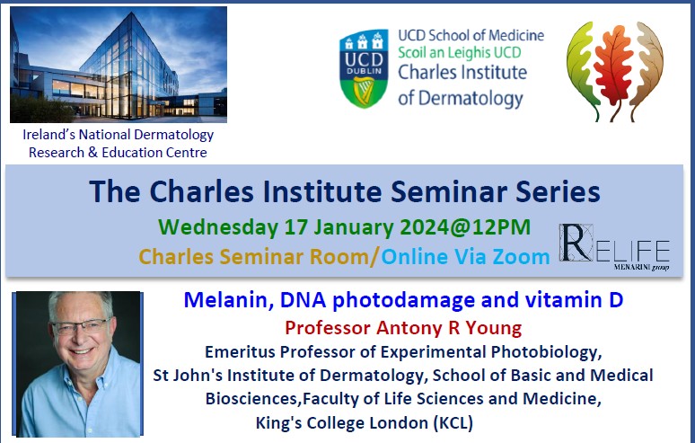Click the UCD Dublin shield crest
(364, 68)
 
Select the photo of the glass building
(119, 65)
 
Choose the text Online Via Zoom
(465, 256)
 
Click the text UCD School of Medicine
(471, 35)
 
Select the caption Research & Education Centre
(118, 152)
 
